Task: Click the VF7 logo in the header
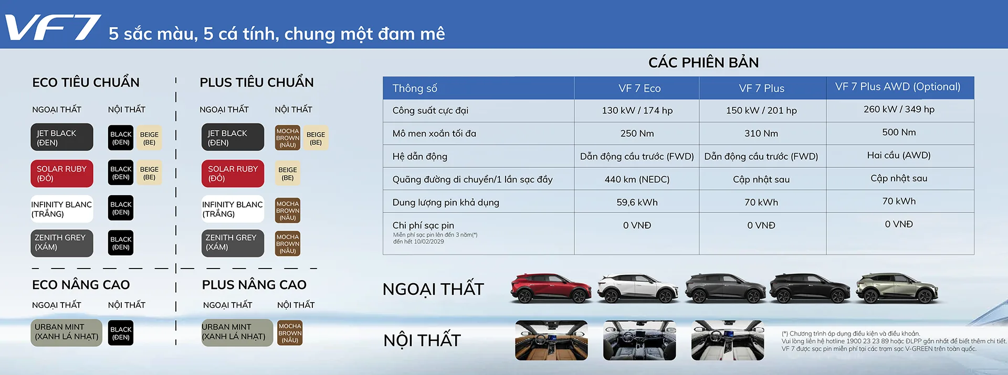pos(52,27)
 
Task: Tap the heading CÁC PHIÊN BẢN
pos(703,63)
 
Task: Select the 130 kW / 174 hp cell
pos(637,111)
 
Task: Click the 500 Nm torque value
pos(899,132)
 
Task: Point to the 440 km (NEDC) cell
pos(637,179)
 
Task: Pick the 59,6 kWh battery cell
pos(637,202)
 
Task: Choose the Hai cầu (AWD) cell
pos(899,155)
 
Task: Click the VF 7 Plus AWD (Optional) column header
pos(898,87)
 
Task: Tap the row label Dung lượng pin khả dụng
pos(446,202)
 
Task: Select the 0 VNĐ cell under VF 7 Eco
pos(637,226)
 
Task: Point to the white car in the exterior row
pos(637,288)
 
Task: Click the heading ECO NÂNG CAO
pos(81,285)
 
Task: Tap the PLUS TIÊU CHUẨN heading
pos(257,82)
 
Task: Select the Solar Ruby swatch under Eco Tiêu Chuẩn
pos(62,174)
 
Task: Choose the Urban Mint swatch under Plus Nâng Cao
pos(237,333)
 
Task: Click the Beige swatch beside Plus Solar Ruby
pos(288,174)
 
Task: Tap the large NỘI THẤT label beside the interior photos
pos(422,340)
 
